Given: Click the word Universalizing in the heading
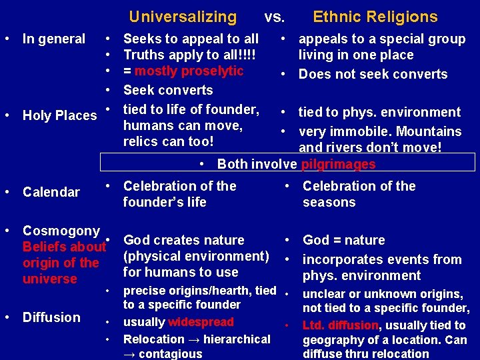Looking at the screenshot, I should coord(183,17).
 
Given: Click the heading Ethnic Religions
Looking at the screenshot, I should coord(375,17).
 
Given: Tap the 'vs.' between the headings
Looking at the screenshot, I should coord(275,17).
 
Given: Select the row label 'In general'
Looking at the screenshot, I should coord(54,39).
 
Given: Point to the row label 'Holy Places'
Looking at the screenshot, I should coord(60,115).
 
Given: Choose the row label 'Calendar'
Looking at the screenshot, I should coord(51,192).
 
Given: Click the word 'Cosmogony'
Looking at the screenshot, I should coord(61,231).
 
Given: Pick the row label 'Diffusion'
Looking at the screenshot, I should coord(51,317).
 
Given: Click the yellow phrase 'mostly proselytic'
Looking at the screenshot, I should coord(189,71).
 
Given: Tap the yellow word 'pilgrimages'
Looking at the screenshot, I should coord(339,164).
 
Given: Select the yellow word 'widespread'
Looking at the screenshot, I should coord(201,322).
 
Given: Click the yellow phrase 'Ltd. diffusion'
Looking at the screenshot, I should coord(340,325).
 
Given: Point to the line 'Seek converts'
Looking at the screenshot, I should coord(168,90).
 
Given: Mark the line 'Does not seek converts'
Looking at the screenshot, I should coord(373,74).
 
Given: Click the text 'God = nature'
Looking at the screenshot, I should coord(344,240).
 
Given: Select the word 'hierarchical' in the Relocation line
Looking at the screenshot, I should coord(237,339).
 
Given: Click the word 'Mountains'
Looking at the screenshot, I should coord(428,131).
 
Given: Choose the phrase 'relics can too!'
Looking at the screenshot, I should coord(169,141).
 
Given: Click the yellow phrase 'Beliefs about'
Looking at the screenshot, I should coord(64,247).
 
